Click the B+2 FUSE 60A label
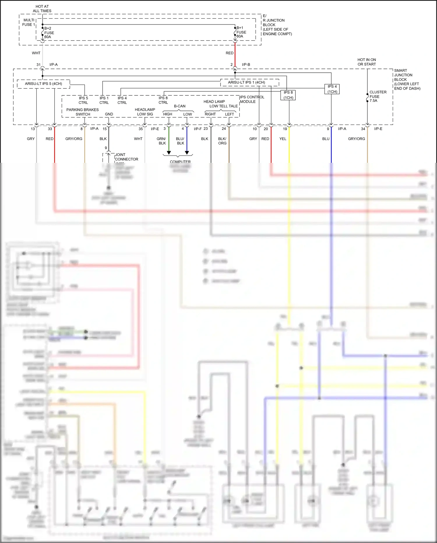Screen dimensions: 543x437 (x=49, y=33)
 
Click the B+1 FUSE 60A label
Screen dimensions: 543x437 (x=241, y=32)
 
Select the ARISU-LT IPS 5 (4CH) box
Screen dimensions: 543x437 (x=43, y=84)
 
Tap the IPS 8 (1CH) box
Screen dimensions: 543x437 (x=288, y=95)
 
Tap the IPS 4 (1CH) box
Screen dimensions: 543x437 (x=332, y=89)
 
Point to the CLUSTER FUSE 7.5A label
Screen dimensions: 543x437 (x=378, y=96)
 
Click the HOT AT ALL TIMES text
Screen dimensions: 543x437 (x=42, y=8)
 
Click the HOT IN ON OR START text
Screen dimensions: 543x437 (x=366, y=62)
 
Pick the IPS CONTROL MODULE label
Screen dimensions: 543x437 (x=252, y=99)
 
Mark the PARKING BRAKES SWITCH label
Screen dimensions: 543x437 (x=82, y=112)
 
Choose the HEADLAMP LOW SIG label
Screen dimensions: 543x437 (x=145, y=112)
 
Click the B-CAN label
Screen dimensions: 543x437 (x=179, y=106)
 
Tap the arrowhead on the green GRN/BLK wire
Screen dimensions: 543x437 (x=169, y=153)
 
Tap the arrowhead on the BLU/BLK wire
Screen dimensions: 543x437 (x=187, y=153)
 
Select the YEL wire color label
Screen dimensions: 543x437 (x=283, y=139)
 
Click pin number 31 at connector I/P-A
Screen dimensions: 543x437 (x=38, y=65)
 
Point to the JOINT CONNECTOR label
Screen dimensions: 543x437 (x=126, y=157)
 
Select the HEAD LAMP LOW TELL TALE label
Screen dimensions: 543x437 (x=220, y=104)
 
